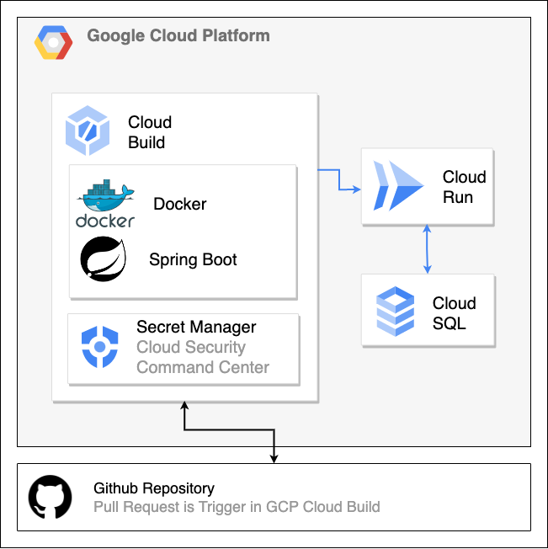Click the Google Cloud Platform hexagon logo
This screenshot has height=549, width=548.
(53, 42)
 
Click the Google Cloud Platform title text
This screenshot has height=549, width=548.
(178, 36)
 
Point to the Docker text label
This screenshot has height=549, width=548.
(179, 204)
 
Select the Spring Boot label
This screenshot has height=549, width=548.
(193, 259)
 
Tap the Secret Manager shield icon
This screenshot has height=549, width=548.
(100, 348)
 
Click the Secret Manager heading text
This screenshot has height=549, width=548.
(196, 327)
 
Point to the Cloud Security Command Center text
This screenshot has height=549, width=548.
(203, 357)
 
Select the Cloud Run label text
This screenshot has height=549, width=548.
(464, 187)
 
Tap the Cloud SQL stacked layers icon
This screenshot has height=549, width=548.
(395, 310)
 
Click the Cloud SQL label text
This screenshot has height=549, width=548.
(454, 313)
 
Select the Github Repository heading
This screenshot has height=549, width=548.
(154, 488)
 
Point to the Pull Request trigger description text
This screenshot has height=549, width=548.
(237, 507)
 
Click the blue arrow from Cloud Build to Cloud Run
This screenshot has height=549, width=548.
(339, 179)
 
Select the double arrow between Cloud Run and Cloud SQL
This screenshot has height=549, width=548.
(428, 248)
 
